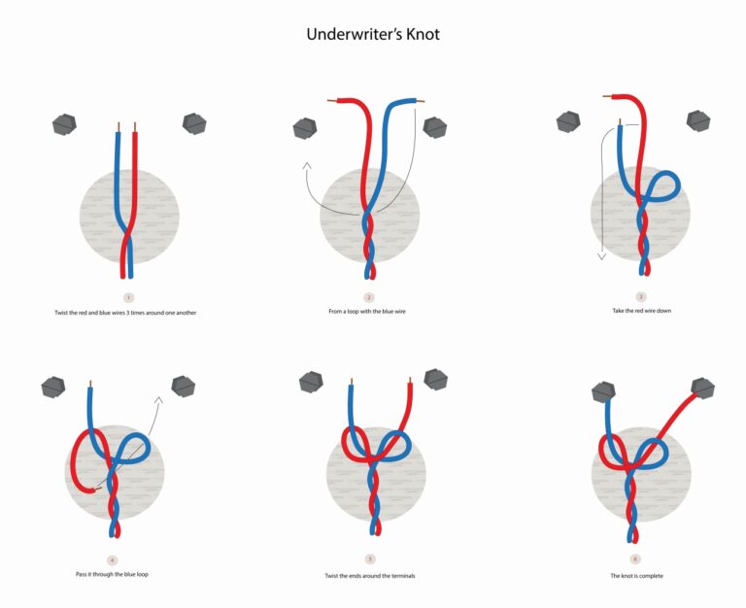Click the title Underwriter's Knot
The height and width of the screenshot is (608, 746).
point(373,34)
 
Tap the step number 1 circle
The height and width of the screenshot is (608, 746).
point(129,296)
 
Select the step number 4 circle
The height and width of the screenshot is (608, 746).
point(112,559)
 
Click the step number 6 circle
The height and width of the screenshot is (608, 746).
point(635,559)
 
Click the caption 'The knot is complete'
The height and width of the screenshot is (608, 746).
point(635,575)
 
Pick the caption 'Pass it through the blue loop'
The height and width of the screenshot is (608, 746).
point(112,574)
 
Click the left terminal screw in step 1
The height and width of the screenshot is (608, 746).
point(65,123)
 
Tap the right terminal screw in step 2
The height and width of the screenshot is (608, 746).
point(434,126)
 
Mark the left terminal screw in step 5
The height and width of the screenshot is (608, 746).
point(311,382)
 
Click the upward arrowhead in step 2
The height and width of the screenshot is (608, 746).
point(307,167)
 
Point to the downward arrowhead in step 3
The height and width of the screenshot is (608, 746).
point(601,256)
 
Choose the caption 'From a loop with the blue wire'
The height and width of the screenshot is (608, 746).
point(369,311)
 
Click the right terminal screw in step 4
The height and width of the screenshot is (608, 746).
point(183,386)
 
